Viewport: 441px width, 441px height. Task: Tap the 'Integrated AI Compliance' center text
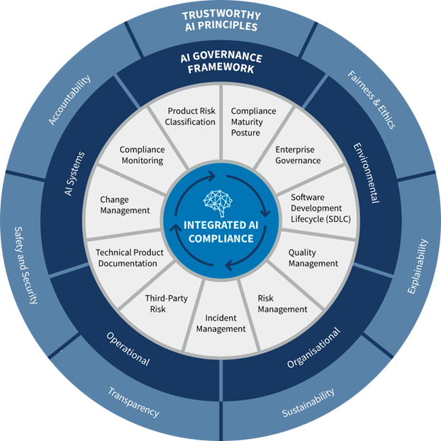click(220, 232)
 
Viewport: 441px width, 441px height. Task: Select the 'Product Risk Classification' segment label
click(191, 116)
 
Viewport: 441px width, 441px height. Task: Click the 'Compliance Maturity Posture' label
click(253, 122)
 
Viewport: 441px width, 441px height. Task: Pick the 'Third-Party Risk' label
click(166, 304)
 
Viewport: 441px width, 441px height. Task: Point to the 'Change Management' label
click(125, 205)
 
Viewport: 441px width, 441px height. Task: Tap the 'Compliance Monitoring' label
click(142, 155)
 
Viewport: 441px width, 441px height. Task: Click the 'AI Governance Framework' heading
click(220, 63)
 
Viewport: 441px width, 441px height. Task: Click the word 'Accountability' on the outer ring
click(70, 101)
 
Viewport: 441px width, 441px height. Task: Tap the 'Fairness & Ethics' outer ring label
click(372, 99)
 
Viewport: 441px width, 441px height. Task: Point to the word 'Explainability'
click(419, 267)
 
